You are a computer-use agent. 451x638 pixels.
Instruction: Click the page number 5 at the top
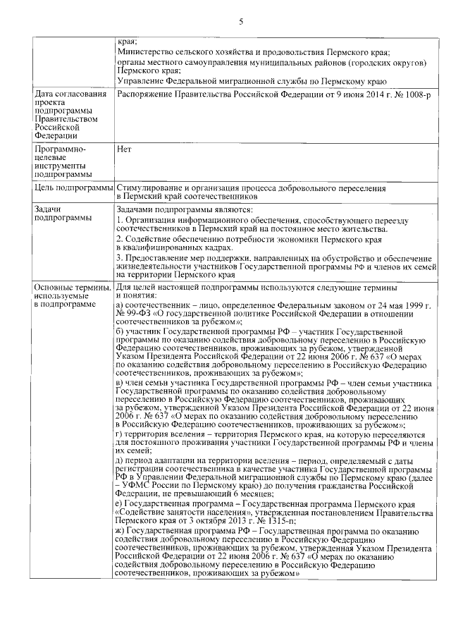[241, 22]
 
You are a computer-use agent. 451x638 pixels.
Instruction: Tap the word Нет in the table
[124, 149]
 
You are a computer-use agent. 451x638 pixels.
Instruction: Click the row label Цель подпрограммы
[73, 189]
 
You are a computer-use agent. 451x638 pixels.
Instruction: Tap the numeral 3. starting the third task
[120, 258]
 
